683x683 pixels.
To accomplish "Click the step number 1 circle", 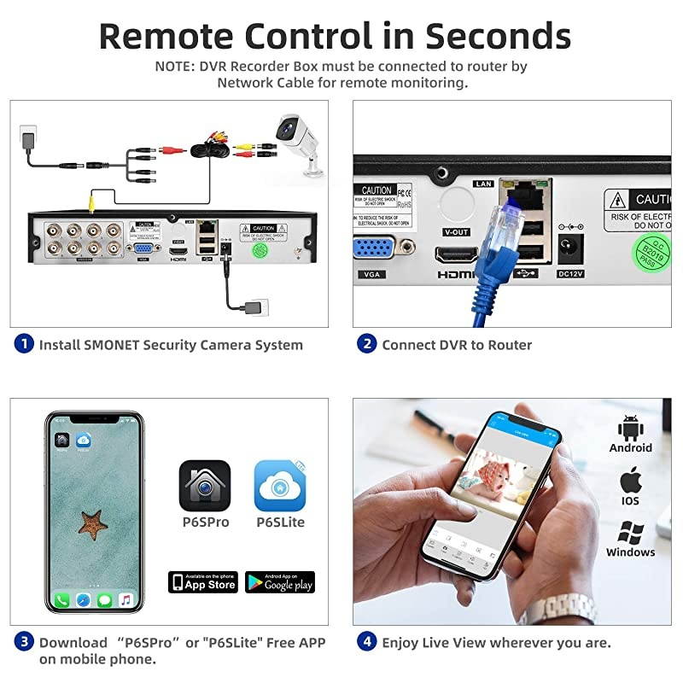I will (24, 345).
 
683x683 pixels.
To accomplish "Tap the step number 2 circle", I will (367, 345).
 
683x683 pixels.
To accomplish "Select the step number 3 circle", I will (24, 642).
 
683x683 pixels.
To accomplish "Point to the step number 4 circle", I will (367, 642).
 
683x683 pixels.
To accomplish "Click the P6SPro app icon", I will (205, 486).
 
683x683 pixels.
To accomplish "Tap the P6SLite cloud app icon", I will (280, 486).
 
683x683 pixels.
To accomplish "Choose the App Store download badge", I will (203, 582).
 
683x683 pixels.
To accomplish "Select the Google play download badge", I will (280, 582).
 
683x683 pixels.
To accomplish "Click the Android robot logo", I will (631, 426).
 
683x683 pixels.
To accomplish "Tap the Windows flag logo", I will (630, 533).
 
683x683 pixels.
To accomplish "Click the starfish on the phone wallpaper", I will (94, 522).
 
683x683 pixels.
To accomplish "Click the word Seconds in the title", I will (499, 36).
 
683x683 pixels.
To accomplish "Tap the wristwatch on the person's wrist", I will (547, 609).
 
